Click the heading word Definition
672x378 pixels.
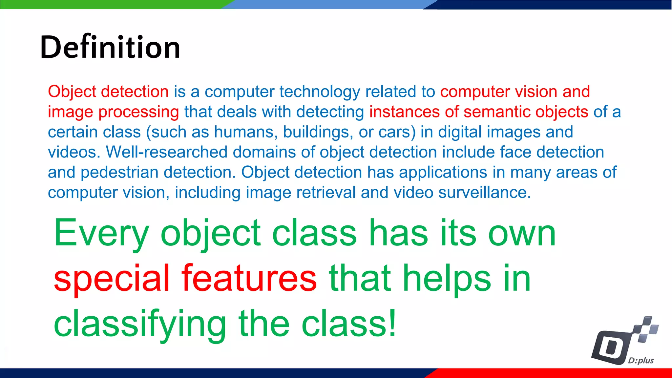pyautogui.click(x=110, y=47)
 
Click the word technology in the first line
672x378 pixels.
pyautogui.click(x=320, y=92)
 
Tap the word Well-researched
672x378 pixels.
pyautogui.click(x=167, y=152)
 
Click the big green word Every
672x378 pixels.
pyautogui.click(x=101, y=234)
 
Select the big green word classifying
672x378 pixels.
pyautogui.click(x=140, y=324)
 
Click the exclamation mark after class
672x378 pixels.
pyautogui.click(x=392, y=323)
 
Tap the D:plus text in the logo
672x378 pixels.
pyautogui.click(x=640, y=361)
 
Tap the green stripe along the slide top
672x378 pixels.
pyautogui.click(x=112, y=4)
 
